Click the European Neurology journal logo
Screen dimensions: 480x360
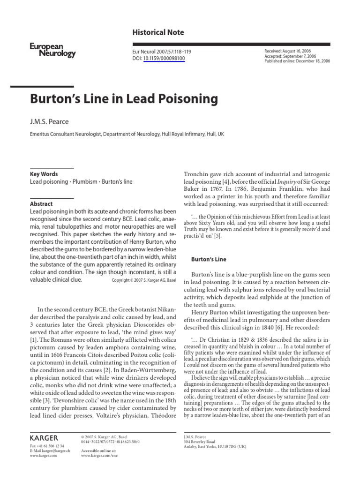[52, 50]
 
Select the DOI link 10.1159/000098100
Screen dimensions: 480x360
[164, 59]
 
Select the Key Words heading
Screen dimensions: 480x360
[44, 174]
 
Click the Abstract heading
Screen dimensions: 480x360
[41, 204]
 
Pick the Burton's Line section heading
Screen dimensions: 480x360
[209, 259]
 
